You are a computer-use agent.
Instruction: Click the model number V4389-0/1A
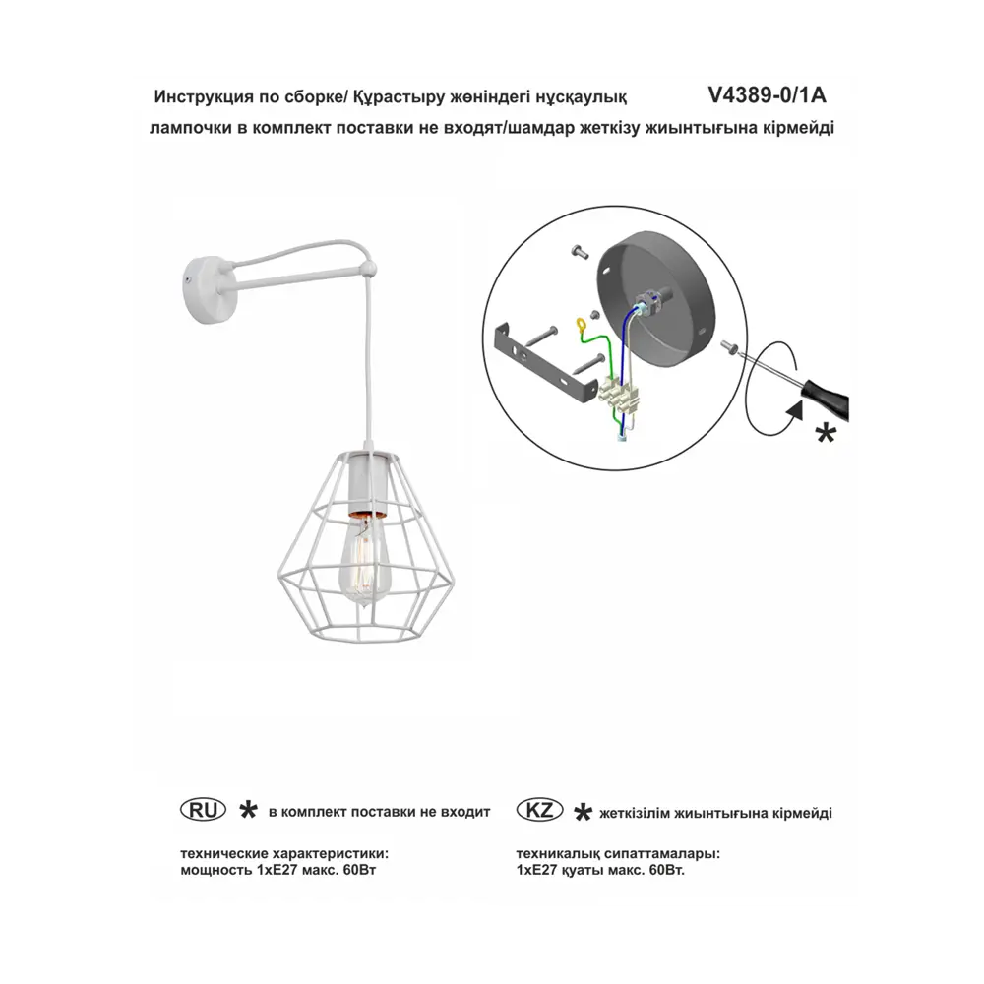pyautogui.click(x=767, y=95)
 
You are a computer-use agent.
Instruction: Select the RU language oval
pyautogui.click(x=203, y=810)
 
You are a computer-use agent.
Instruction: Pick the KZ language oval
pyautogui.click(x=539, y=810)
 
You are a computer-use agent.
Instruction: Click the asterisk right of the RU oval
pyautogui.click(x=249, y=810)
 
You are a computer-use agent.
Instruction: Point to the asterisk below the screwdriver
pyautogui.click(x=826, y=434)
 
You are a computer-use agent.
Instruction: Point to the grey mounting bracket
pyautogui.click(x=545, y=361)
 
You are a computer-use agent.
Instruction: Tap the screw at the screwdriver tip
pyautogui.click(x=729, y=346)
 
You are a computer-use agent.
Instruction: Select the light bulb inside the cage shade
pyautogui.click(x=364, y=559)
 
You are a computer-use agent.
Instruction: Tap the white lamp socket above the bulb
pyautogui.click(x=363, y=485)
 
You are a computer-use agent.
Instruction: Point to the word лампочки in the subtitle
pyautogui.click(x=190, y=129)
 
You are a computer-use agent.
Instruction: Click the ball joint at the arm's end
pyautogui.click(x=369, y=270)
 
